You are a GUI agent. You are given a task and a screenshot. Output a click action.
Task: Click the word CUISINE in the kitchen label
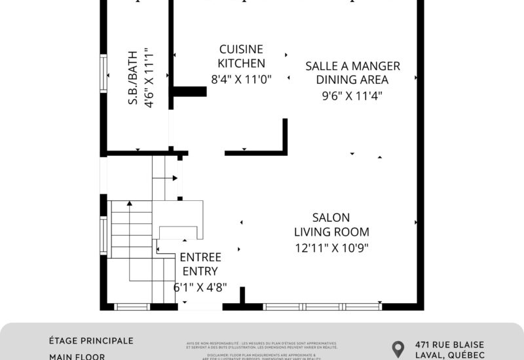241,49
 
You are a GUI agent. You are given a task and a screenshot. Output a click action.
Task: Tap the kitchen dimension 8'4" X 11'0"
241,79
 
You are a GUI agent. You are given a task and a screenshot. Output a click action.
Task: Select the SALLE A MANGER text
352,66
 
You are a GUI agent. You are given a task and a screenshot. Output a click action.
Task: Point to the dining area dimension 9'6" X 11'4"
352,96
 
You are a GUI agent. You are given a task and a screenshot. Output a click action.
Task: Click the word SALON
331,217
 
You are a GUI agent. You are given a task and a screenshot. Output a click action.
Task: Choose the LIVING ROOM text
331,232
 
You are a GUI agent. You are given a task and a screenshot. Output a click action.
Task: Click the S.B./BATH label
132,77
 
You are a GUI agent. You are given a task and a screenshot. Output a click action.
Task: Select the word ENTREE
200,257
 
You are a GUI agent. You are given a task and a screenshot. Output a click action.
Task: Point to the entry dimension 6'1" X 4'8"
200,287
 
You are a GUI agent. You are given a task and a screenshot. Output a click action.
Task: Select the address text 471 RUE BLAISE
449,344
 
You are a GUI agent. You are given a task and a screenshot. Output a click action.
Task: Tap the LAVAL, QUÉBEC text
449,355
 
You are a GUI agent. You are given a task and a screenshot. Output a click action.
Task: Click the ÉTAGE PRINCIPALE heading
91,341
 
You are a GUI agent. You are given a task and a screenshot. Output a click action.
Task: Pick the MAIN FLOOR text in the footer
77,357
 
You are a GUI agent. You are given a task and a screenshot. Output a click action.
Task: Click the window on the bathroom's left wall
103,73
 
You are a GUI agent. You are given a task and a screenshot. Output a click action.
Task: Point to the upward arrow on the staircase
129,204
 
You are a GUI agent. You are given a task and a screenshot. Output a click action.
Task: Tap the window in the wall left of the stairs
103,235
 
